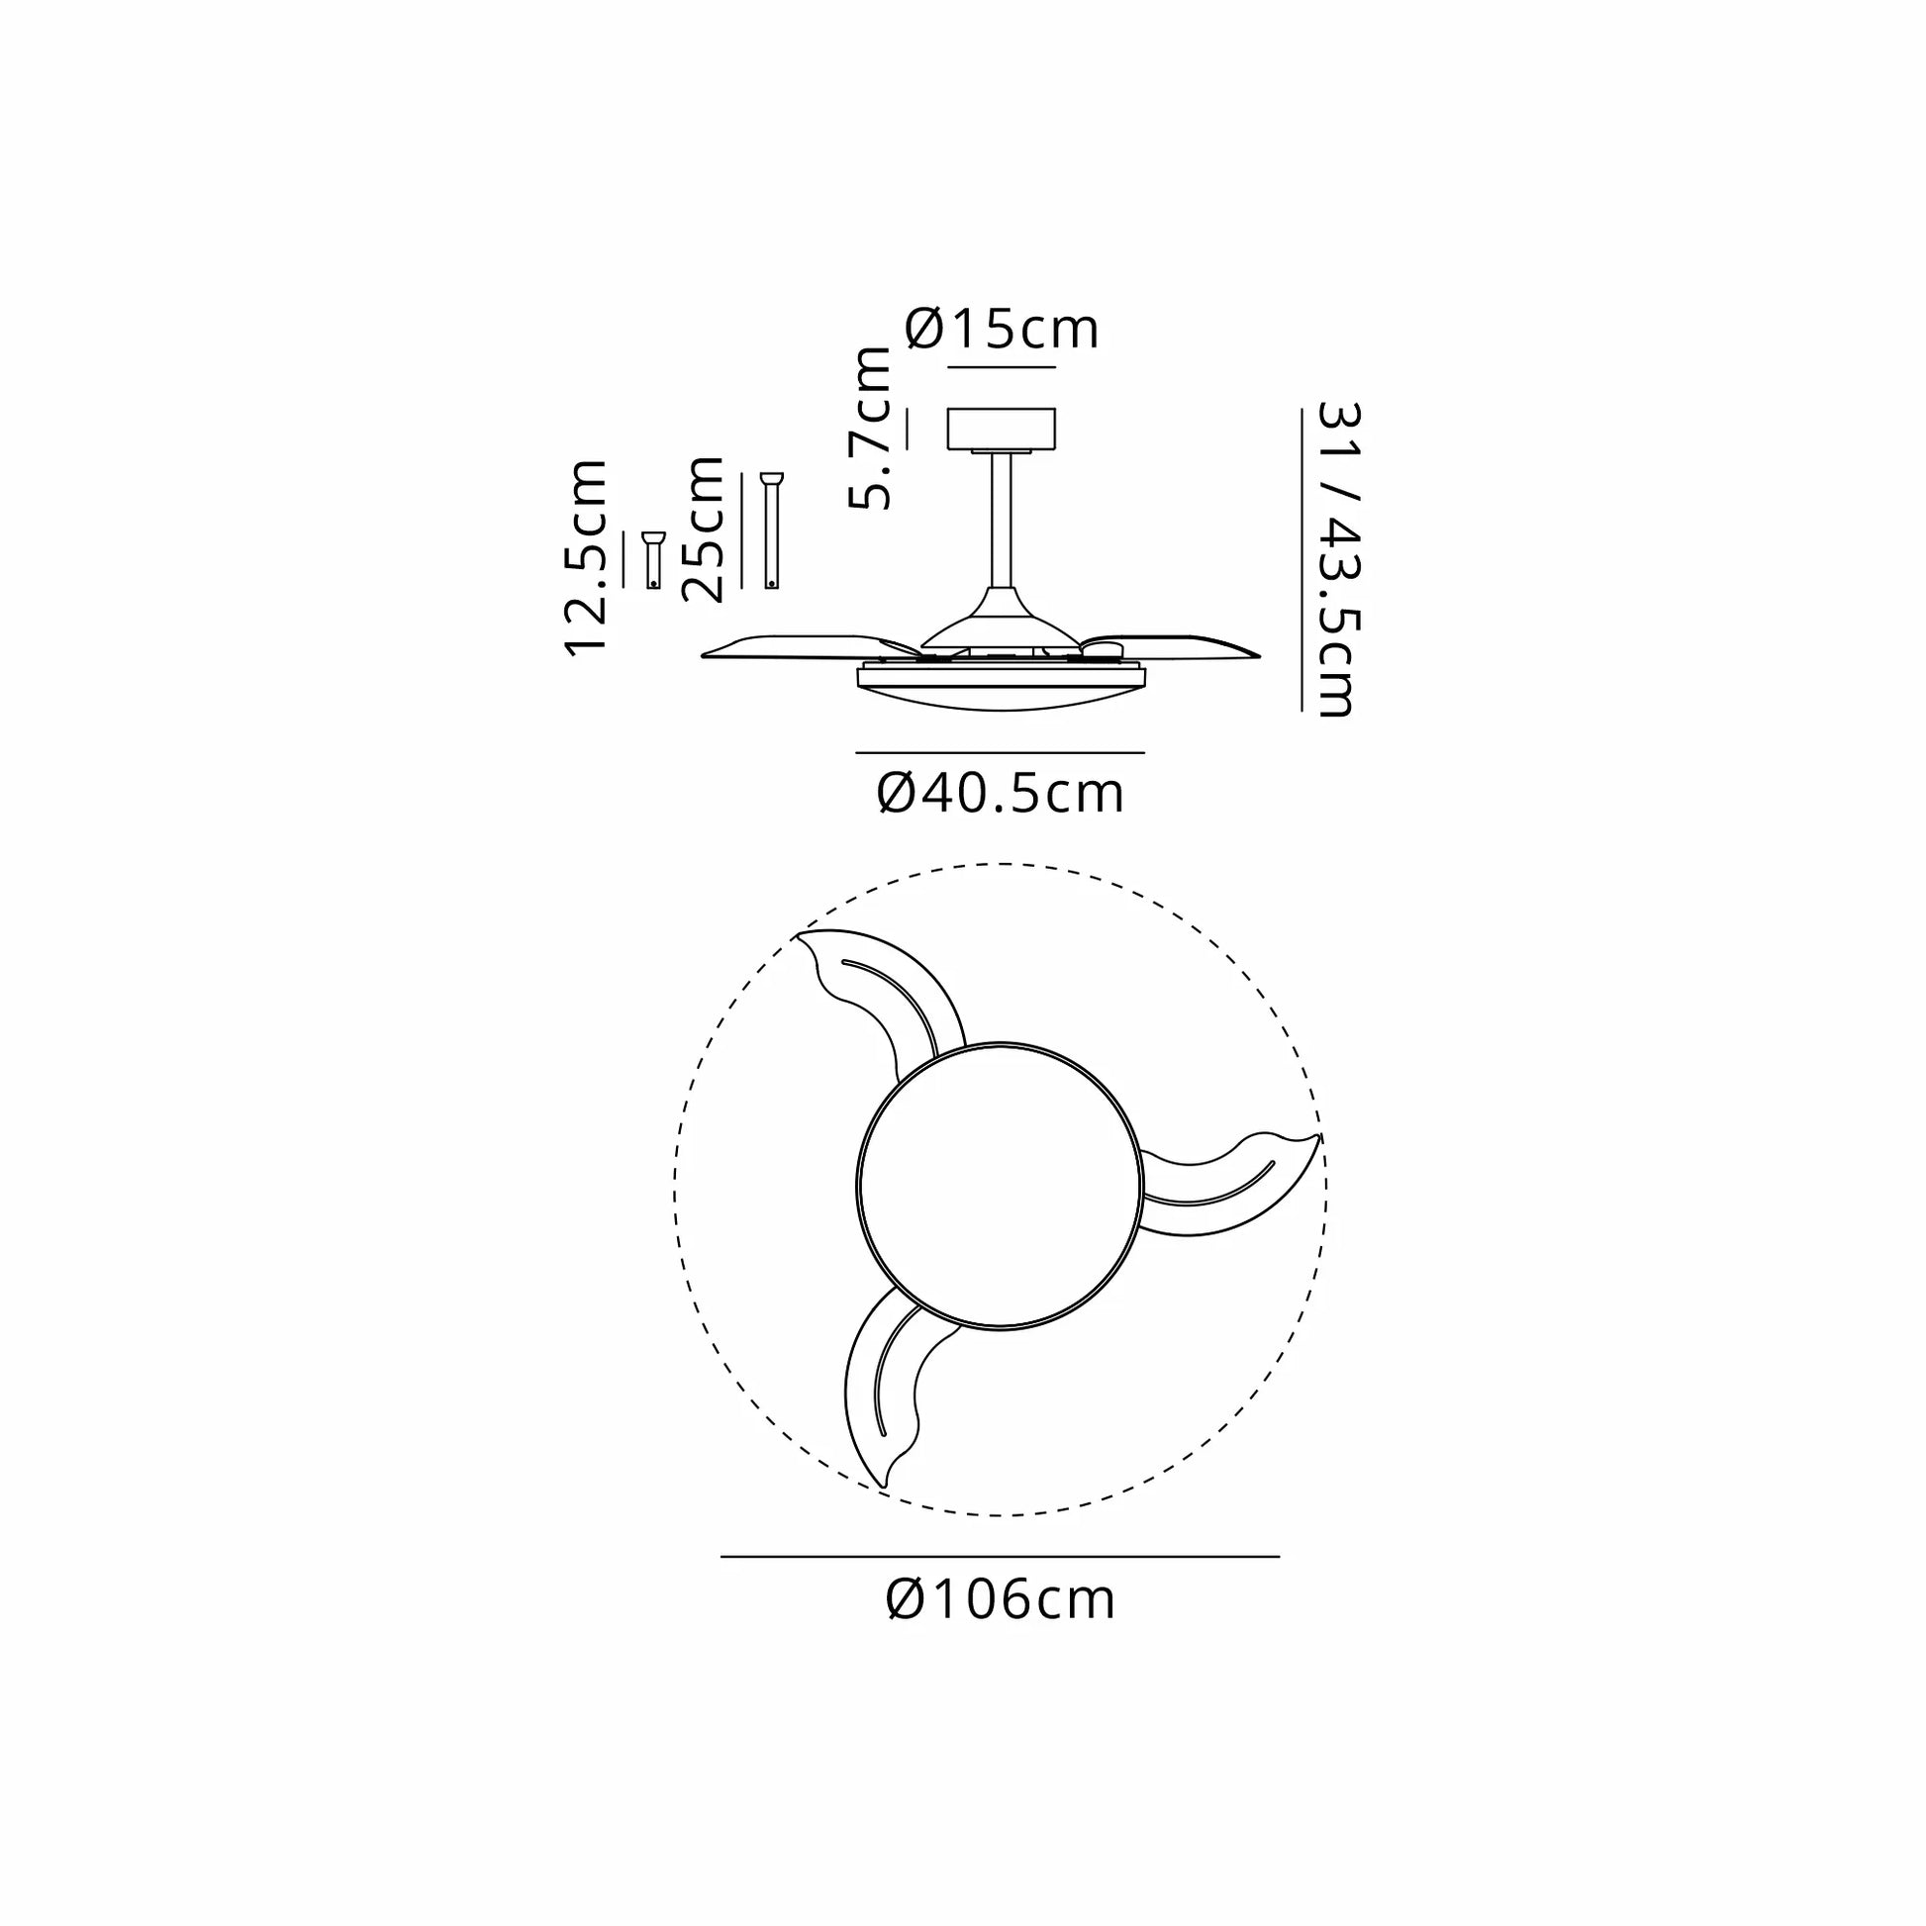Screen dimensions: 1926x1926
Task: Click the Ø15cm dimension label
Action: (x=1002, y=329)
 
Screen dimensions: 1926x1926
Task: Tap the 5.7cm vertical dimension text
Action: (x=869, y=429)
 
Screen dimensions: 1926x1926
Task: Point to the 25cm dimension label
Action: (x=703, y=530)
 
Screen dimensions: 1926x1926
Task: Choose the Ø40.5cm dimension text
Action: (x=1001, y=794)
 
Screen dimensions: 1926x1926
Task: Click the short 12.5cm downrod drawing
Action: (x=653, y=560)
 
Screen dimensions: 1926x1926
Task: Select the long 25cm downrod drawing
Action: (x=772, y=530)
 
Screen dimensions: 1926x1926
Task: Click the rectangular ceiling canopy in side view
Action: (x=1001, y=428)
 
